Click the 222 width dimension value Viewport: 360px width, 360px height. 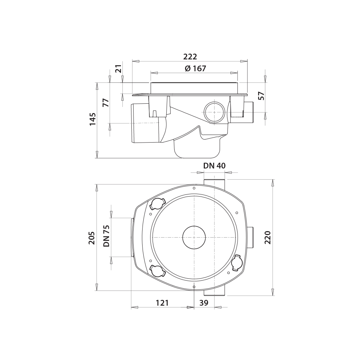190,57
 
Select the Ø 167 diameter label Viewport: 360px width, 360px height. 195,68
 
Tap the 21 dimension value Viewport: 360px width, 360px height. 118,68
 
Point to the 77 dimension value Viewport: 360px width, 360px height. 105,103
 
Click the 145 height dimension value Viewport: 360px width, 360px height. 93,119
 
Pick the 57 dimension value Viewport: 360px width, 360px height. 261,96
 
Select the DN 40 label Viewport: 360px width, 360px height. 215,166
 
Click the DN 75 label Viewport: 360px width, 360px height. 107,236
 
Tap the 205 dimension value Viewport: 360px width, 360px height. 92,238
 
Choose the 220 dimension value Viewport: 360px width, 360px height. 267,238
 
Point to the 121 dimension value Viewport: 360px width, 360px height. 162,303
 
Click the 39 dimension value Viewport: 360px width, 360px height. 204,303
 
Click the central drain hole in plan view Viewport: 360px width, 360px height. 194,238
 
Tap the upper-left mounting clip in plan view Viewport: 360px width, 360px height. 157,204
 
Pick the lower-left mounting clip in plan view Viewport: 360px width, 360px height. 157,271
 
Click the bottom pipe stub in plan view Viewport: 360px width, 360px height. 215,292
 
